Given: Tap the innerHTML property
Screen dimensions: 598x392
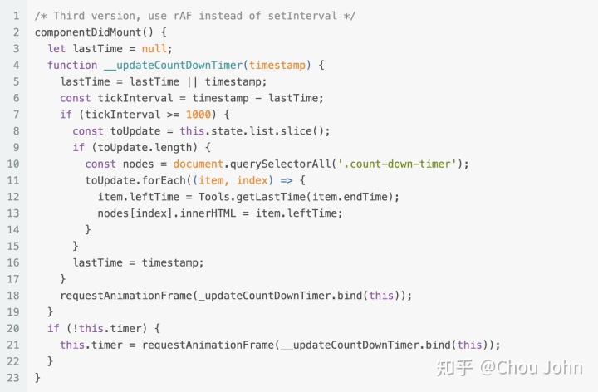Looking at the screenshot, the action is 215,213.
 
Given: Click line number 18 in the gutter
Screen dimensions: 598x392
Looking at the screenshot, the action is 15,295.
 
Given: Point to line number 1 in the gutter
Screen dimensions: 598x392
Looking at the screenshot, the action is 16,15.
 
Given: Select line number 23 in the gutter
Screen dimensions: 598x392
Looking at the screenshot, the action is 15,377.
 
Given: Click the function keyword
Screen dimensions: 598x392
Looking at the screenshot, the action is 73,65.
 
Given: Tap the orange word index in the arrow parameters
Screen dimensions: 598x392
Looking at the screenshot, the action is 253,179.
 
